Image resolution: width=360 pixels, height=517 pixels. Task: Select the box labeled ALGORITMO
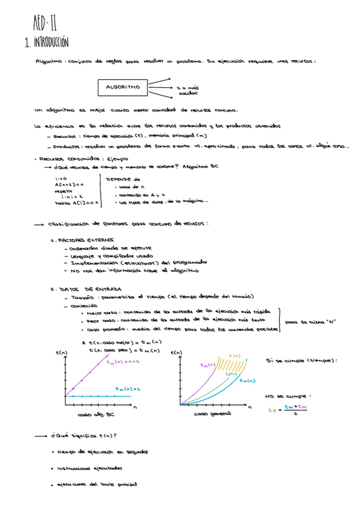[x=123, y=87]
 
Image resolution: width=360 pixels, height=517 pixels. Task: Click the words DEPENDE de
[x=123, y=179]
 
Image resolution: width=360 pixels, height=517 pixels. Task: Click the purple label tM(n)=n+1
[x=123, y=362]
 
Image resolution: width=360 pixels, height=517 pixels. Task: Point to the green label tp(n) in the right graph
[x=231, y=374]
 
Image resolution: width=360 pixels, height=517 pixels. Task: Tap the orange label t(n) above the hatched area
[x=234, y=355]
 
